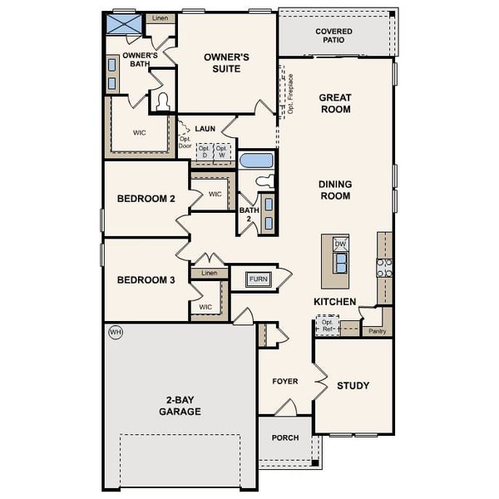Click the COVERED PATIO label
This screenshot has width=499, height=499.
(333, 37)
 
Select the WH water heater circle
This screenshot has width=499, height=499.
(115, 332)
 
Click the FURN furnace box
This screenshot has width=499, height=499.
(259, 279)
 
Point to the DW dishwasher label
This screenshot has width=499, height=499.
(340, 244)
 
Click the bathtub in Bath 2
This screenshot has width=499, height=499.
(255, 160)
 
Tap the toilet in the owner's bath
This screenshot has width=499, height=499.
(163, 102)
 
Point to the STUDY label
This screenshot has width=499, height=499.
(353, 386)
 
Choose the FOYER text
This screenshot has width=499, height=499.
(285, 382)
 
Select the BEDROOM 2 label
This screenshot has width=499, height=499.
(146, 199)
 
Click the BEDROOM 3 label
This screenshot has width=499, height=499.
(146, 280)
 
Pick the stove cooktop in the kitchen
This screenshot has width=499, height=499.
(384, 268)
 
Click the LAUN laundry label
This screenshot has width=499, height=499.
(205, 129)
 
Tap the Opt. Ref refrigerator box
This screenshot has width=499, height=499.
(327, 325)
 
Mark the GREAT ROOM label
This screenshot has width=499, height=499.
(335, 103)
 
